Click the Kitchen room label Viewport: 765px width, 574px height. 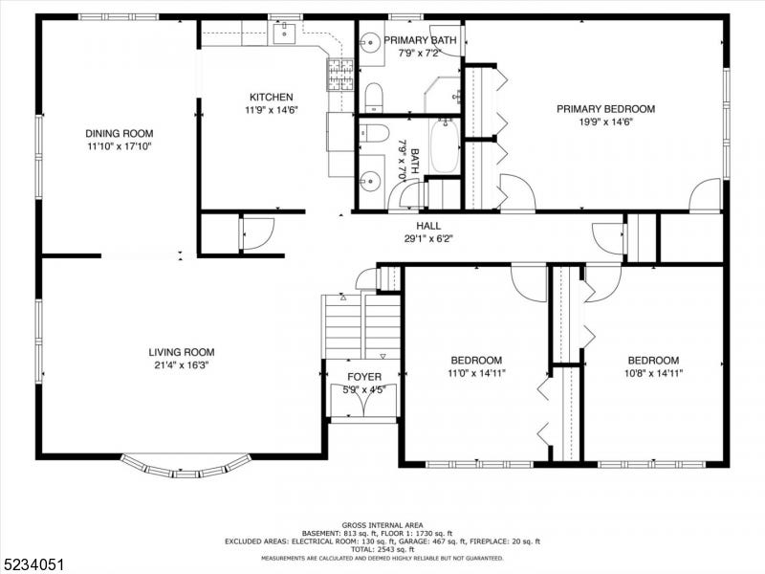[x=272, y=98]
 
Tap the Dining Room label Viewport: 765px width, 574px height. [x=119, y=133]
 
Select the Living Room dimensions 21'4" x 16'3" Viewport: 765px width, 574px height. [x=182, y=365]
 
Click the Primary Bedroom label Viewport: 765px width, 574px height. [x=605, y=109]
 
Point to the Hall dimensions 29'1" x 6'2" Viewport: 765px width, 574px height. [x=428, y=238]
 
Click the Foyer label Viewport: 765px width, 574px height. [x=364, y=377]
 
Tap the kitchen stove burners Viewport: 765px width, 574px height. [x=340, y=75]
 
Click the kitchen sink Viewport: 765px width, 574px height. [x=284, y=33]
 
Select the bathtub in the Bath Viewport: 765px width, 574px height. [x=445, y=145]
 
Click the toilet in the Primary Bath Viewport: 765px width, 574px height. [x=374, y=98]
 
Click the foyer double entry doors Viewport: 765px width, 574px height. [x=363, y=401]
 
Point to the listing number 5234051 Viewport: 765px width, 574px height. [x=33, y=564]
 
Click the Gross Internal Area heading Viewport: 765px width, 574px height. [x=382, y=525]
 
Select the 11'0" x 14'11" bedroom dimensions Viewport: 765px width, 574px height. [x=476, y=373]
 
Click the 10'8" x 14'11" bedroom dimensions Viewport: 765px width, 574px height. [x=653, y=373]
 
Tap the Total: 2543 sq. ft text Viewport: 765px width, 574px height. [x=382, y=549]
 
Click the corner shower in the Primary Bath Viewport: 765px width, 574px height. [x=442, y=95]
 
